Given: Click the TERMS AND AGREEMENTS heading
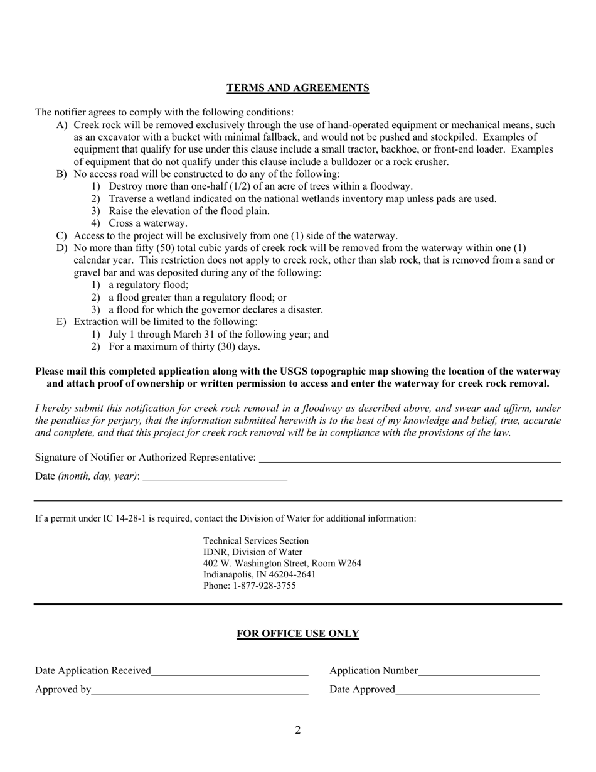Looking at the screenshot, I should point(297,88).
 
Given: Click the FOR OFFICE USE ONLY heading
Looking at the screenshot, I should point(297,633).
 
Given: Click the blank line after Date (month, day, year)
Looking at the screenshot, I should point(215,476).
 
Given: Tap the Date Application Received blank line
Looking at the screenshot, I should point(230,671).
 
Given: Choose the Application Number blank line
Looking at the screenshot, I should point(479,671).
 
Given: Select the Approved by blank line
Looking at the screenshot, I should point(200,690).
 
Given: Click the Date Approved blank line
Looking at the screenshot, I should point(467,690).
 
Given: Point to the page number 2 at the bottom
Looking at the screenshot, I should point(297,730).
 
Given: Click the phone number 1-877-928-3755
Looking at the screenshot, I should point(264,586).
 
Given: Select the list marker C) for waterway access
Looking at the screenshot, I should point(61,236).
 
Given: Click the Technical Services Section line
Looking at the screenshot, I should point(256,540).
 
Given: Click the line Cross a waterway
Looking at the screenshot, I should point(148,223).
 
